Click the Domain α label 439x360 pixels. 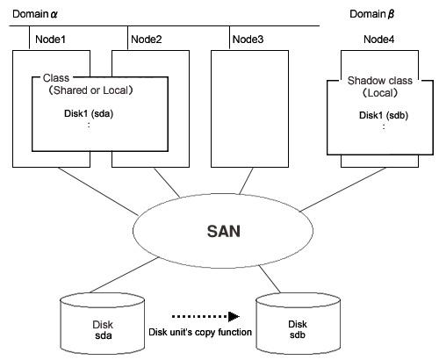pyautogui.click(x=35, y=14)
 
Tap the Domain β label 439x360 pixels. pyautogui.click(x=371, y=14)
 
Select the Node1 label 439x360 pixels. pyautogui.click(x=50, y=40)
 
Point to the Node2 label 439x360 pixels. pyautogui.click(x=147, y=40)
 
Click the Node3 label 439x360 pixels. pyautogui.click(x=248, y=40)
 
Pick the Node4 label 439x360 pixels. pyautogui.click(x=379, y=40)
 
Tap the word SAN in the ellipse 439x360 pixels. pyautogui.click(x=224, y=231)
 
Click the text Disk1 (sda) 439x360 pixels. pyautogui.click(x=89, y=113)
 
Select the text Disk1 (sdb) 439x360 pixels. pyautogui.click(x=384, y=115)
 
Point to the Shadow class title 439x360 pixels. pyautogui.click(x=380, y=81)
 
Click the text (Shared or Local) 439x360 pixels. pyautogui.click(x=90, y=90)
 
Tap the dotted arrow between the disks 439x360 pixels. pyautogui.click(x=205, y=316)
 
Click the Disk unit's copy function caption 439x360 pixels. pyautogui.click(x=200, y=332)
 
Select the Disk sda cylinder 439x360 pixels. pyautogui.click(x=103, y=324)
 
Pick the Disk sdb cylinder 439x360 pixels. pyautogui.click(x=299, y=324)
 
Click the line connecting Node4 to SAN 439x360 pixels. pyautogui.click(x=343, y=190)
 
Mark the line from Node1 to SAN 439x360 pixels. pyautogui.click(x=97, y=191)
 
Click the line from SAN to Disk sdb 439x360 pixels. pyautogui.click(x=270, y=279)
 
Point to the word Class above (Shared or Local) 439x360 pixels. pyautogui.click(x=56, y=78)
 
